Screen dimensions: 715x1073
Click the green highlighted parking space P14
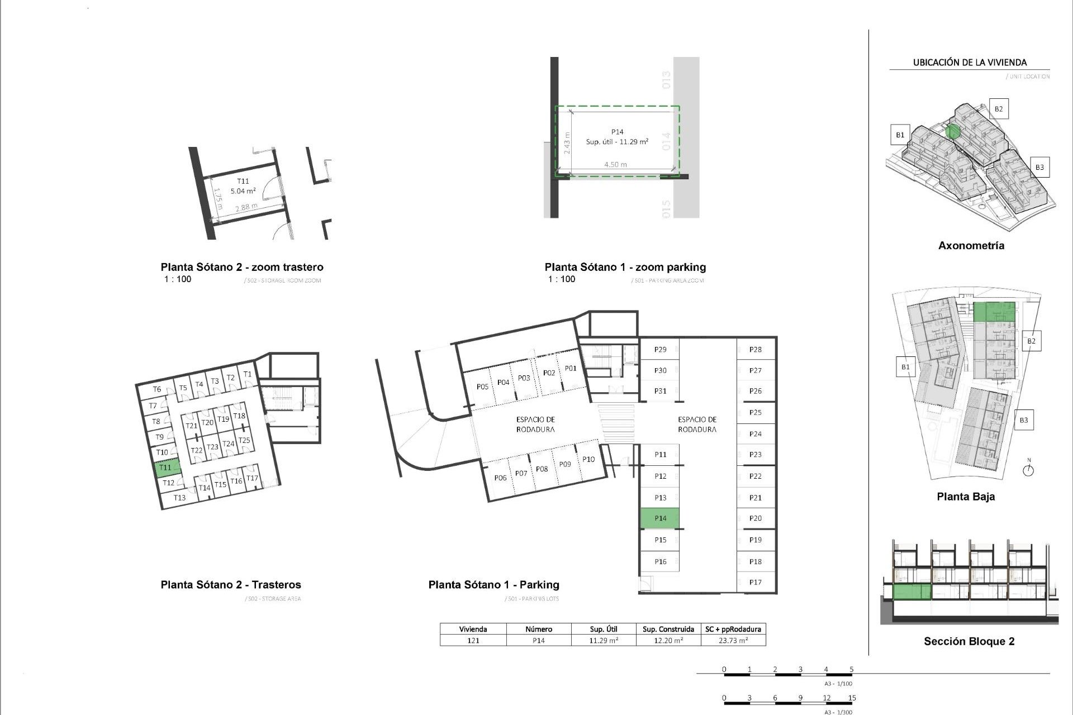point(659,518)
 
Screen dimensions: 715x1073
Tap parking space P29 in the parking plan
point(660,350)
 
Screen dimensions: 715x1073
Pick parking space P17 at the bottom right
point(756,582)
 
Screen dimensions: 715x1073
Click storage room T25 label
point(244,441)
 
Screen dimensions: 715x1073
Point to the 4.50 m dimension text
point(615,165)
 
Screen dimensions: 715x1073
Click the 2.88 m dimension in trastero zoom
point(246,207)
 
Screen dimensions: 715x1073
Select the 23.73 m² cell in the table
point(733,641)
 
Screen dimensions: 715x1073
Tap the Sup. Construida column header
point(668,629)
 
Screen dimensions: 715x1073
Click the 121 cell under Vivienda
point(473,641)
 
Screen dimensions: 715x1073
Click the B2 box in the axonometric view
point(998,109)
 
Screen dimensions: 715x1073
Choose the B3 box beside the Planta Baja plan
point(1023,420)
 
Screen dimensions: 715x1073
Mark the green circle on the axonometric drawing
point(953,132)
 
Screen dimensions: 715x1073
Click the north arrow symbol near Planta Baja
point(1028,469)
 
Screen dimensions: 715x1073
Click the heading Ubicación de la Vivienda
point(970,63)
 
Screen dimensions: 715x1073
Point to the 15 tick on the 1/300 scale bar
point(852,698)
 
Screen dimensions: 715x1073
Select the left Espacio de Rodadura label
point(535,425)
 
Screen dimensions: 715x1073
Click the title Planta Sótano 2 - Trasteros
point(231,585)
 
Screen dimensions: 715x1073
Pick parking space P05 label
point(482,387)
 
